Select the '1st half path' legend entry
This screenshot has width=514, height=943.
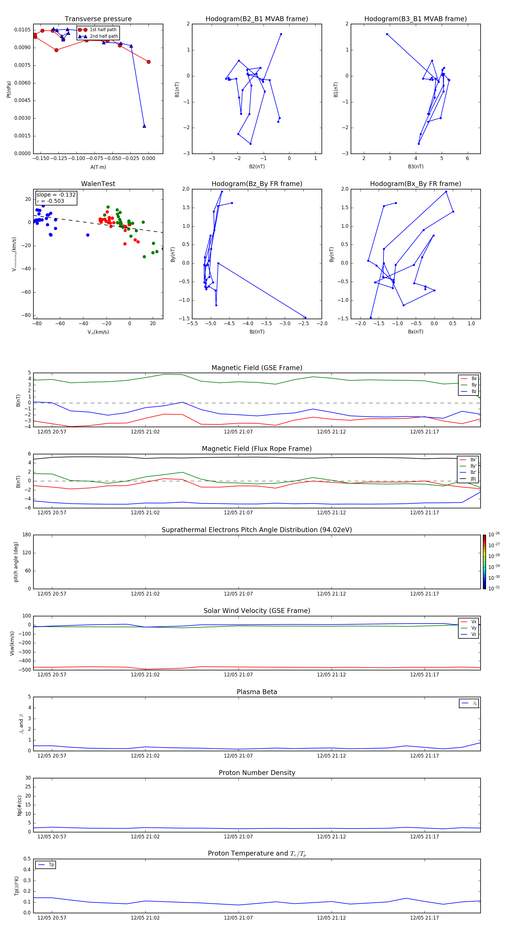[103, 30]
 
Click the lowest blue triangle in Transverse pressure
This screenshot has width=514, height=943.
[144, 126]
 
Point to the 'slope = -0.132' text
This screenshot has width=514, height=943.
[56, 195]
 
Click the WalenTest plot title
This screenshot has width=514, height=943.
[98, 184]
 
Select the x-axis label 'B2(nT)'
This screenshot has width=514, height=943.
[257, 167]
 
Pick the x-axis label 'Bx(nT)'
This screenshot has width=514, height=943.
[415, 332]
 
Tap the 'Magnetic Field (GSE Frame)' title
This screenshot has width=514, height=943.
[257, 368]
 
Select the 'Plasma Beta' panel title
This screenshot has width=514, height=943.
[257, 692]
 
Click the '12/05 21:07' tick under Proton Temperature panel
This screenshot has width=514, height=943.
[238, 918]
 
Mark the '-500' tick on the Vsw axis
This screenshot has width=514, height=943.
[24, 670]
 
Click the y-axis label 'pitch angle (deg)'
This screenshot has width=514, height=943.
[16, 562]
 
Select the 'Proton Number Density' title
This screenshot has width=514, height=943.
[257, 773]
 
